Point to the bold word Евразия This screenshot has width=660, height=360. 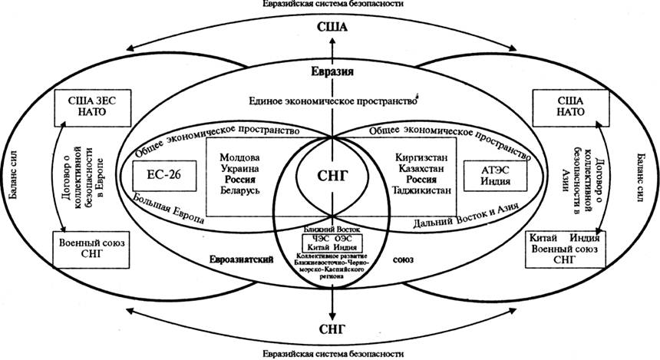click(332, 73)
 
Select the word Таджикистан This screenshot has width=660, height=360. click(423, 189)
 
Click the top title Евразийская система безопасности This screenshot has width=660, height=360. click(330, 5)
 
